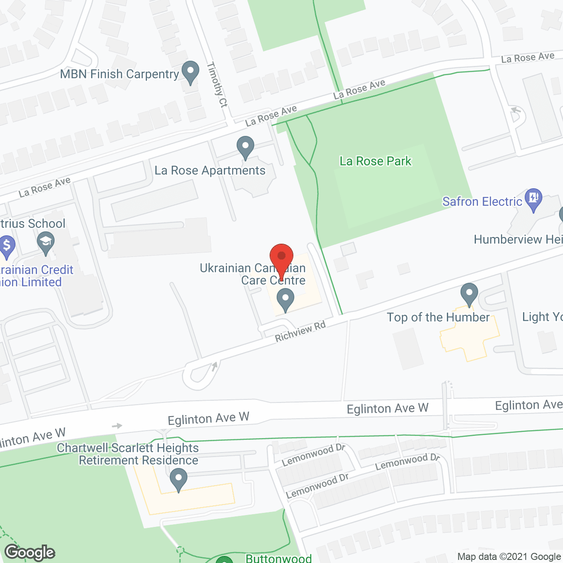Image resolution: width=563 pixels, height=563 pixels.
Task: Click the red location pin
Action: click(281, 257)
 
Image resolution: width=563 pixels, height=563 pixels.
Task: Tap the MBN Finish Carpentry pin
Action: click(190, 72)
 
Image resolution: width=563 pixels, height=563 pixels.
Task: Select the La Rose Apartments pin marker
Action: click(245, 147)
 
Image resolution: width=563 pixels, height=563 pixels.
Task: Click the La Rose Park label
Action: click(375, 161)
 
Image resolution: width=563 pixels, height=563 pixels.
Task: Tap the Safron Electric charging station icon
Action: click(534, 199)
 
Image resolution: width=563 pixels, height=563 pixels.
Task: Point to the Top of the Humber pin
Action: click(469, 294)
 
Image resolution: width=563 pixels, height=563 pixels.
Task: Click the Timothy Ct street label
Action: click(217, 85)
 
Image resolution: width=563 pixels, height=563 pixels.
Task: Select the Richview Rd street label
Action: click(300, 331)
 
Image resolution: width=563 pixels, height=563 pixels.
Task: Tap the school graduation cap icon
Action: click(46, 243)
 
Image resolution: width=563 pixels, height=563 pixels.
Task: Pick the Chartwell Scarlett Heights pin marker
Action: click(178, 479)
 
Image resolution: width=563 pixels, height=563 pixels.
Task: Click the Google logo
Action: click(30, 552)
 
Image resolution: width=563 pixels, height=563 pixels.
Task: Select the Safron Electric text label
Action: click(482, 201)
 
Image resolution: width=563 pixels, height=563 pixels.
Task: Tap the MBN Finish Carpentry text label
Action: click(120, 74)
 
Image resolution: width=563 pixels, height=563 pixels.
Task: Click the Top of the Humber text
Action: click(438, 317)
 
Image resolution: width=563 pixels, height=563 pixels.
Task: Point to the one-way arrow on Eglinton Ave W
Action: click(117, 426)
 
